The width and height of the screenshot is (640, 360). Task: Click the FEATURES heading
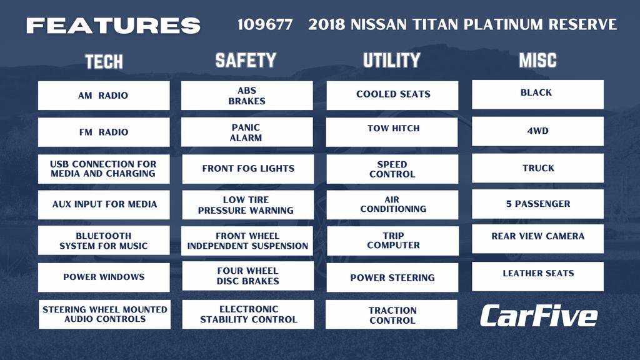pyautogui.click(x=113, y=26)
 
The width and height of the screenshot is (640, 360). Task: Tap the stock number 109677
pyautogui.click(x=265, y=25)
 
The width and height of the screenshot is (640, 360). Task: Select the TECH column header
pyautogui.click(x=104, y=61)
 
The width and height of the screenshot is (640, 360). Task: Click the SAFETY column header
pyautogui.click(x=246, y=60)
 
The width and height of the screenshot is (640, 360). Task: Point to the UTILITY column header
pyautogui.click(x=392, y=60)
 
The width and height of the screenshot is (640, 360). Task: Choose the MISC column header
pyautogui.click(x=537, y=60)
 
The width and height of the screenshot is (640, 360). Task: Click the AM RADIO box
pyautogui.click(x=104, y=96)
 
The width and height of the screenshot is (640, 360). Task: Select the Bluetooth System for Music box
pyautogui.click(x=104, y=241)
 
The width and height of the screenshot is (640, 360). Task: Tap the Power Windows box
pyautogui.click(x=104, y=277)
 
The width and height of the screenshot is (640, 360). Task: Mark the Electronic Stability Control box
pyautogui.click(x=248, y=314)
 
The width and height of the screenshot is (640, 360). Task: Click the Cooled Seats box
pyautogui.click(x=393, y=95)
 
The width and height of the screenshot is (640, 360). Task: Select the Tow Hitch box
pyautogui.click(x=393, y=130)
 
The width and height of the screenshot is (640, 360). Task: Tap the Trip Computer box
pyautogui.click(x=393, y=241)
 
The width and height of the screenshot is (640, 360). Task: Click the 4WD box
pyautogui.click(x=537, y=131)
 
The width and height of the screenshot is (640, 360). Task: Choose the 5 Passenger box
pyautogui.click(x=537, y=204)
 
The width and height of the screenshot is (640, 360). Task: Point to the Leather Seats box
pyautogui.click(x=537, y=276)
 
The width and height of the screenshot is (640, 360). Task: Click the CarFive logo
pyautogui.click(x=538, y=316)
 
